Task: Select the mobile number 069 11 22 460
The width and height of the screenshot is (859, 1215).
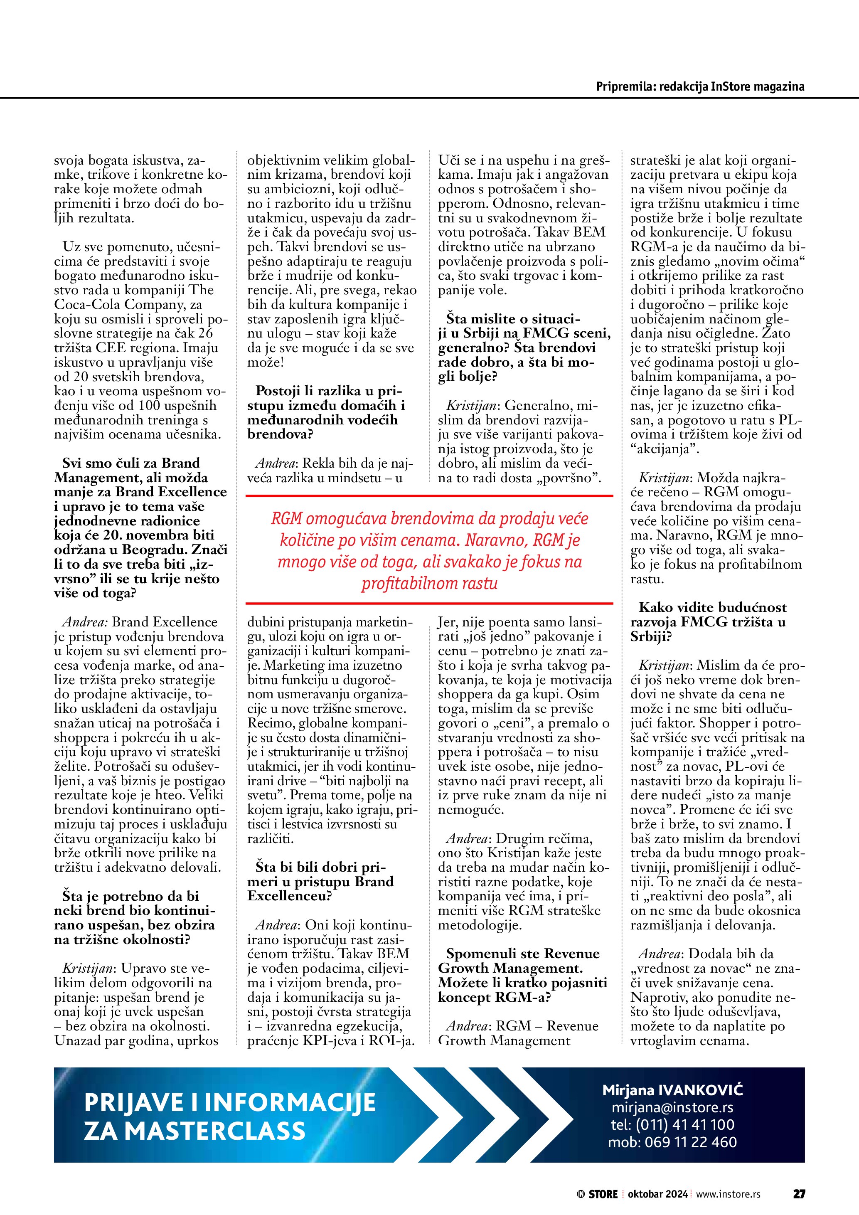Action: [690, 1142]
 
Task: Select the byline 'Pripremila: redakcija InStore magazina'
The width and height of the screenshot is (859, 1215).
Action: [700, 86]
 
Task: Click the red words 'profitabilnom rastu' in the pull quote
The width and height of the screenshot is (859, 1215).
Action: [430, 584]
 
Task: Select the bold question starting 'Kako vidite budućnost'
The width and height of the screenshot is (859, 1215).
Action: [708, 622]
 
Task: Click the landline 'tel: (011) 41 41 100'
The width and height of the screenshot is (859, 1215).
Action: [672, 1124]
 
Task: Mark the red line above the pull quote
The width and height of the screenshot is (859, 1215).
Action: [430, 496]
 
